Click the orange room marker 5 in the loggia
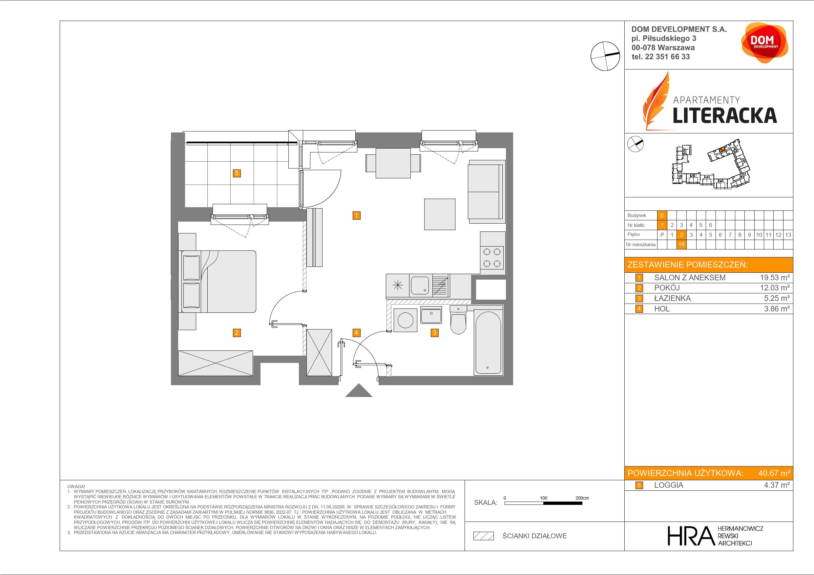tap(237, 173)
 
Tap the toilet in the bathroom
tap(458, 320)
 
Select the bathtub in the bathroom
tap(488, 343)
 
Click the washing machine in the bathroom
tap(405, 320)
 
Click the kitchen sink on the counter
tap(420, 286)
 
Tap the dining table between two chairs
tap(393, 163)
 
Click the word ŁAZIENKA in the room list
tap(672, 299)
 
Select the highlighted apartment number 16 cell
tap(681, 245)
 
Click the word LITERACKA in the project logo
tap(725, 115)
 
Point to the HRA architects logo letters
tap(690, 536)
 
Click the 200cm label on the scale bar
tap(582, 498)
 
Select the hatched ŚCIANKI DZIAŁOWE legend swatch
tap(484, 536)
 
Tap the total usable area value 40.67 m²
tap(774, 473)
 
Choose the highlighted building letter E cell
tap(662, 215)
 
